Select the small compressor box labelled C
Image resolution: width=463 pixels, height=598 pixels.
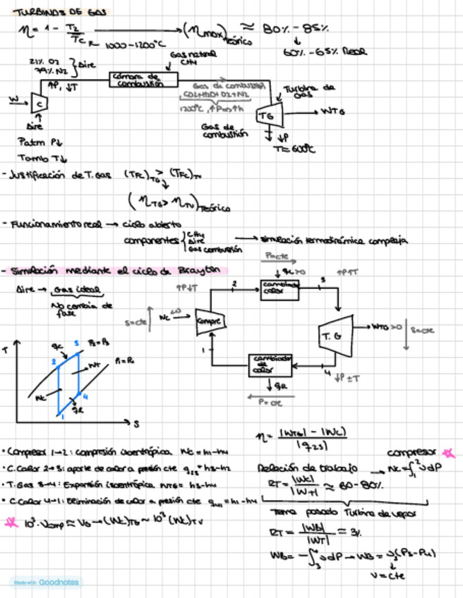[40, 102]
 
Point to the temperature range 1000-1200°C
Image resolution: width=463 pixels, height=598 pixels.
[133, 44]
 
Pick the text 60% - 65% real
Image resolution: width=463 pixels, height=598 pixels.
[315, 52]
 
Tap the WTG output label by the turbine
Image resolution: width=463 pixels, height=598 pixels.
[333, 111]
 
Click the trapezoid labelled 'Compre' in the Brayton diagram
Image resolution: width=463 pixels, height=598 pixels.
[210, 322]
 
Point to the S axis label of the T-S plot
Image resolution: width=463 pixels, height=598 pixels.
[136, 423]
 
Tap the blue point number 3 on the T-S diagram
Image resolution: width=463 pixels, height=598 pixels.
[76, 343]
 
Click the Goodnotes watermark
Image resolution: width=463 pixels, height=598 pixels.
[44, 582]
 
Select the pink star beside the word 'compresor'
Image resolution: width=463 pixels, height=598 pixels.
[450, 452]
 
